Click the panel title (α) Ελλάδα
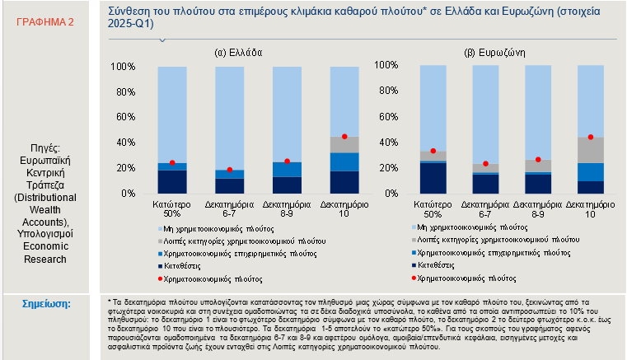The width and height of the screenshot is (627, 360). point(238,51)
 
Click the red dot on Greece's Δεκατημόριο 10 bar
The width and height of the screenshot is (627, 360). point(344,136)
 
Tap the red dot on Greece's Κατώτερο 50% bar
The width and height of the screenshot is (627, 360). point(172,163)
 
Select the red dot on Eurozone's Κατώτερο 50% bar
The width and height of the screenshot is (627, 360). point(433,151)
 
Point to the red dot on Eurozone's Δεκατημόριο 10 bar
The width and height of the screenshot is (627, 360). point(590,137)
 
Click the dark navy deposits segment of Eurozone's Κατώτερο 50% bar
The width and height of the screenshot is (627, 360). point(433,178)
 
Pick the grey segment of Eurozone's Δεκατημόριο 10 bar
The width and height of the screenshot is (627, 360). point(590,150)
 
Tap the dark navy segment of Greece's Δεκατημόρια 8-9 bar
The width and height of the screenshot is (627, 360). point(287,185)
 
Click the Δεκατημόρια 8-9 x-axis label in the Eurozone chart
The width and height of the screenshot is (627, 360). point(537,207)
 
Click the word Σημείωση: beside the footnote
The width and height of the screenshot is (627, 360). point(50,303)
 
